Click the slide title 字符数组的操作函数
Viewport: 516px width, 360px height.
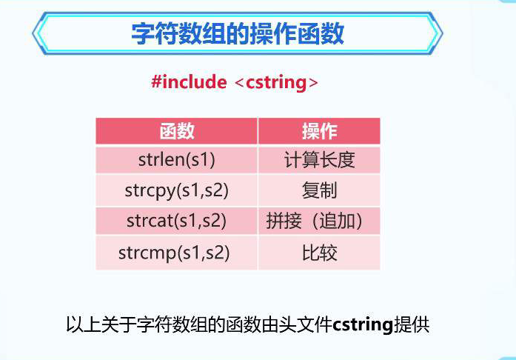[238, 33]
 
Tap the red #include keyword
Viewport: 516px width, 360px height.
[189, 81]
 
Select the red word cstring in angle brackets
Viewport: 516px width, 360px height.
[276, 83]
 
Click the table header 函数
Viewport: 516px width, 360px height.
[177, 131]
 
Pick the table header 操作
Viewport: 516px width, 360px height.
[319, 131]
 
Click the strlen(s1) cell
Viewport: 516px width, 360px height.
[177, 160]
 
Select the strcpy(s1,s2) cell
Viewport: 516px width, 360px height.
[177, 190]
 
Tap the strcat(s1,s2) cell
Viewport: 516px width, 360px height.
[177, 221]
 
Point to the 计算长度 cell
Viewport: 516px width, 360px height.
[319, 160]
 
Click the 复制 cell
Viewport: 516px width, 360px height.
[319, 190]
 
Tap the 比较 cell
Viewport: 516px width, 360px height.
[319, 253]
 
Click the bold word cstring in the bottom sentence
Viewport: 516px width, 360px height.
[363, 325]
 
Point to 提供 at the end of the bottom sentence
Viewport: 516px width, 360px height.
[412, 324]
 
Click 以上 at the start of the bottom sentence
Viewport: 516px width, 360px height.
[84, 324]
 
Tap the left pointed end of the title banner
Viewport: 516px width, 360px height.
[33, 33]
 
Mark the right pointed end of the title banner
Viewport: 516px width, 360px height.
[443, 33]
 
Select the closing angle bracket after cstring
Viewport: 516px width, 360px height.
[313, 83]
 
